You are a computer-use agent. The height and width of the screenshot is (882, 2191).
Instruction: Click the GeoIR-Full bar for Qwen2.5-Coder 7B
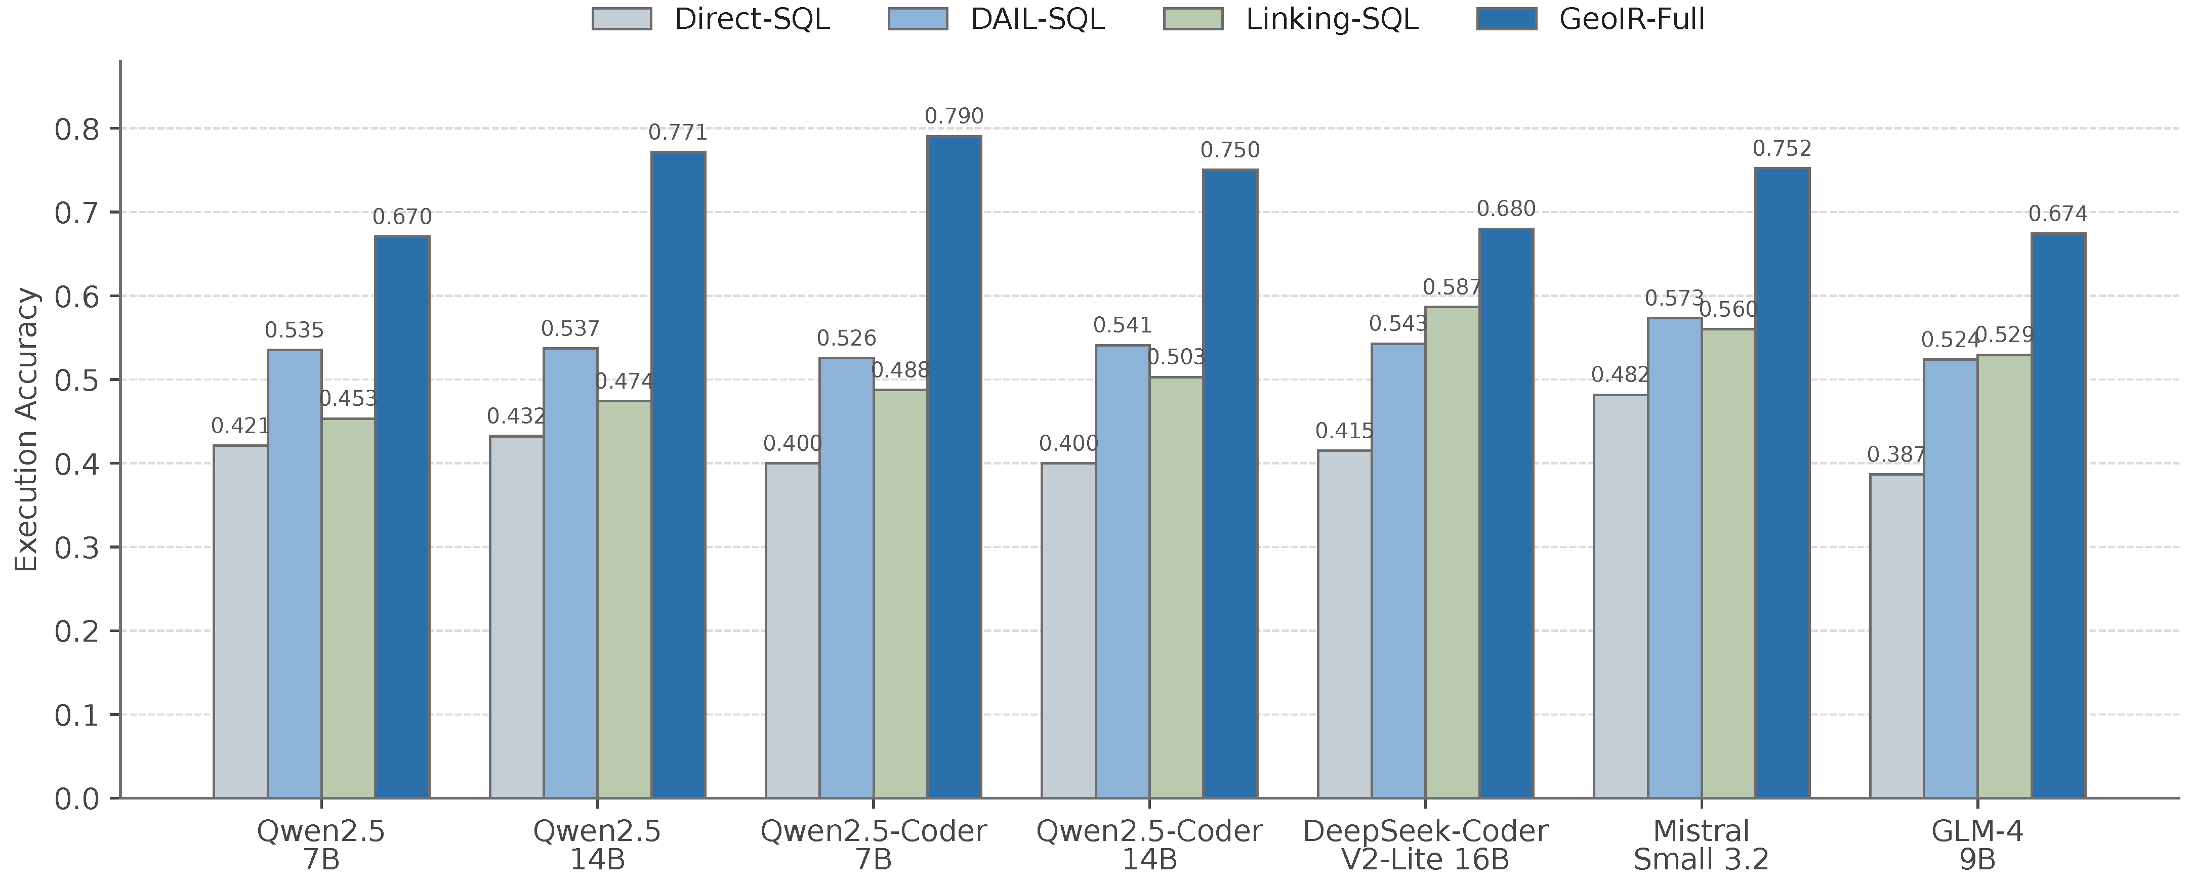pyautogui.click(x=955, y=467)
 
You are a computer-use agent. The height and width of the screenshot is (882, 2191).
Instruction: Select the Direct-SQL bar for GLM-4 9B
pyautogui.click(x=1897, y=636)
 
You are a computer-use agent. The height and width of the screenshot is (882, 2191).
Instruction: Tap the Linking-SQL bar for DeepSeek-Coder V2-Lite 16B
pyautogui.click(x=1453, y=552)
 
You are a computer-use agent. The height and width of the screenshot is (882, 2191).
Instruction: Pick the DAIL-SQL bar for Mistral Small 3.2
pyautogui.click(x=1675, y=558)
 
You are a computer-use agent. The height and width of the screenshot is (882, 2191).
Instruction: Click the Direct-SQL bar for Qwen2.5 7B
pyautogui.click(x=241, y=622)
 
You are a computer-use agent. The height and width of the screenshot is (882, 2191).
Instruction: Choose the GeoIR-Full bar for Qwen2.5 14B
pyautogui.click(x=679, y=475)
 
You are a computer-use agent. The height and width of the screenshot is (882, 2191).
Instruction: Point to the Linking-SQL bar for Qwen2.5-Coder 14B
pyautogui.click(x=1176, y=587)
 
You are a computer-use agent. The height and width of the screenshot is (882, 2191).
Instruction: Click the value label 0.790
pyautogui.click(x=955, y=116)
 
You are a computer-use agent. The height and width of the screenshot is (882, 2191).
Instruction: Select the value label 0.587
pyautogui.click(x=1453, y=287)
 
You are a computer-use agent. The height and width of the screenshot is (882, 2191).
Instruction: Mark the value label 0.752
pyautogui.click(x=1783, y=149)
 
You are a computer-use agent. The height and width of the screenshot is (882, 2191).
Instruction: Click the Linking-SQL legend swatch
pyautogui.click(x=1193, y=19)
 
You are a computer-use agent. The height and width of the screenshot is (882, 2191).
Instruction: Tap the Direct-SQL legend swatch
pyautogui.click(x=622, y=19)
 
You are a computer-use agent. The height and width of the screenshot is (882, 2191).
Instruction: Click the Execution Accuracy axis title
pyautogui.click(x=27, y=430)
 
